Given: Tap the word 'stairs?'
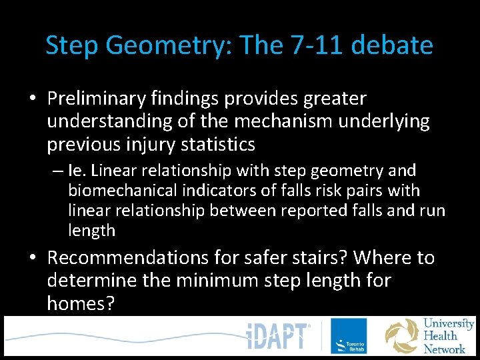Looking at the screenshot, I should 324,257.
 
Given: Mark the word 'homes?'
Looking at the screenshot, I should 81,304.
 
